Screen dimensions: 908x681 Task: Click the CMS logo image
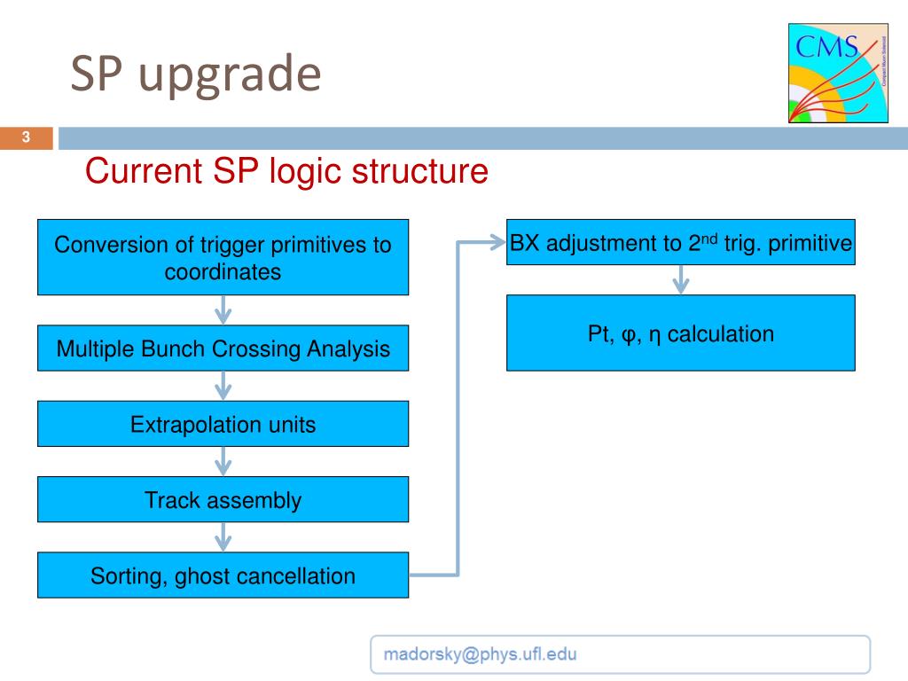pos(838,73)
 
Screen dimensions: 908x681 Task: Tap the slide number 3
pos(26,137)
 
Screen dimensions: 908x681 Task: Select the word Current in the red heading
pos(144,171)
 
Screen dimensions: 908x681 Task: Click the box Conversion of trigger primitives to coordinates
pos(223,257)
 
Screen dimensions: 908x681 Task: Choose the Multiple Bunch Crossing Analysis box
pos(223,348)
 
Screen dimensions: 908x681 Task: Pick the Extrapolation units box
pos(223,424)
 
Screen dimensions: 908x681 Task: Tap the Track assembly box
pos(223,500)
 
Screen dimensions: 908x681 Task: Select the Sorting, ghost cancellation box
pos(223,575)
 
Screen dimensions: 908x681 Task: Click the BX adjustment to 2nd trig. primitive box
pos(680,242)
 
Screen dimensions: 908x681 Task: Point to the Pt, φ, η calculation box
pos(680,333)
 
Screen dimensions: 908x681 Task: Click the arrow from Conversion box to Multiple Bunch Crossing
pos(223,310)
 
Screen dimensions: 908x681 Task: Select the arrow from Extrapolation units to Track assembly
pos(223,461)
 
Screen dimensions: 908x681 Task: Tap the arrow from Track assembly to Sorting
pos(223,537)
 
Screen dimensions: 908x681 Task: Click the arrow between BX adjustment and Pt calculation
pos(680,280)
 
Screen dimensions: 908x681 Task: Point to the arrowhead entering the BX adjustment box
pos(499,242)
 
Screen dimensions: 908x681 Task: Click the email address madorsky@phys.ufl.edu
pos(480,654)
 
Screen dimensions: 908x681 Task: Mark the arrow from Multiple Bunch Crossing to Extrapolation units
pos(223,387)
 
